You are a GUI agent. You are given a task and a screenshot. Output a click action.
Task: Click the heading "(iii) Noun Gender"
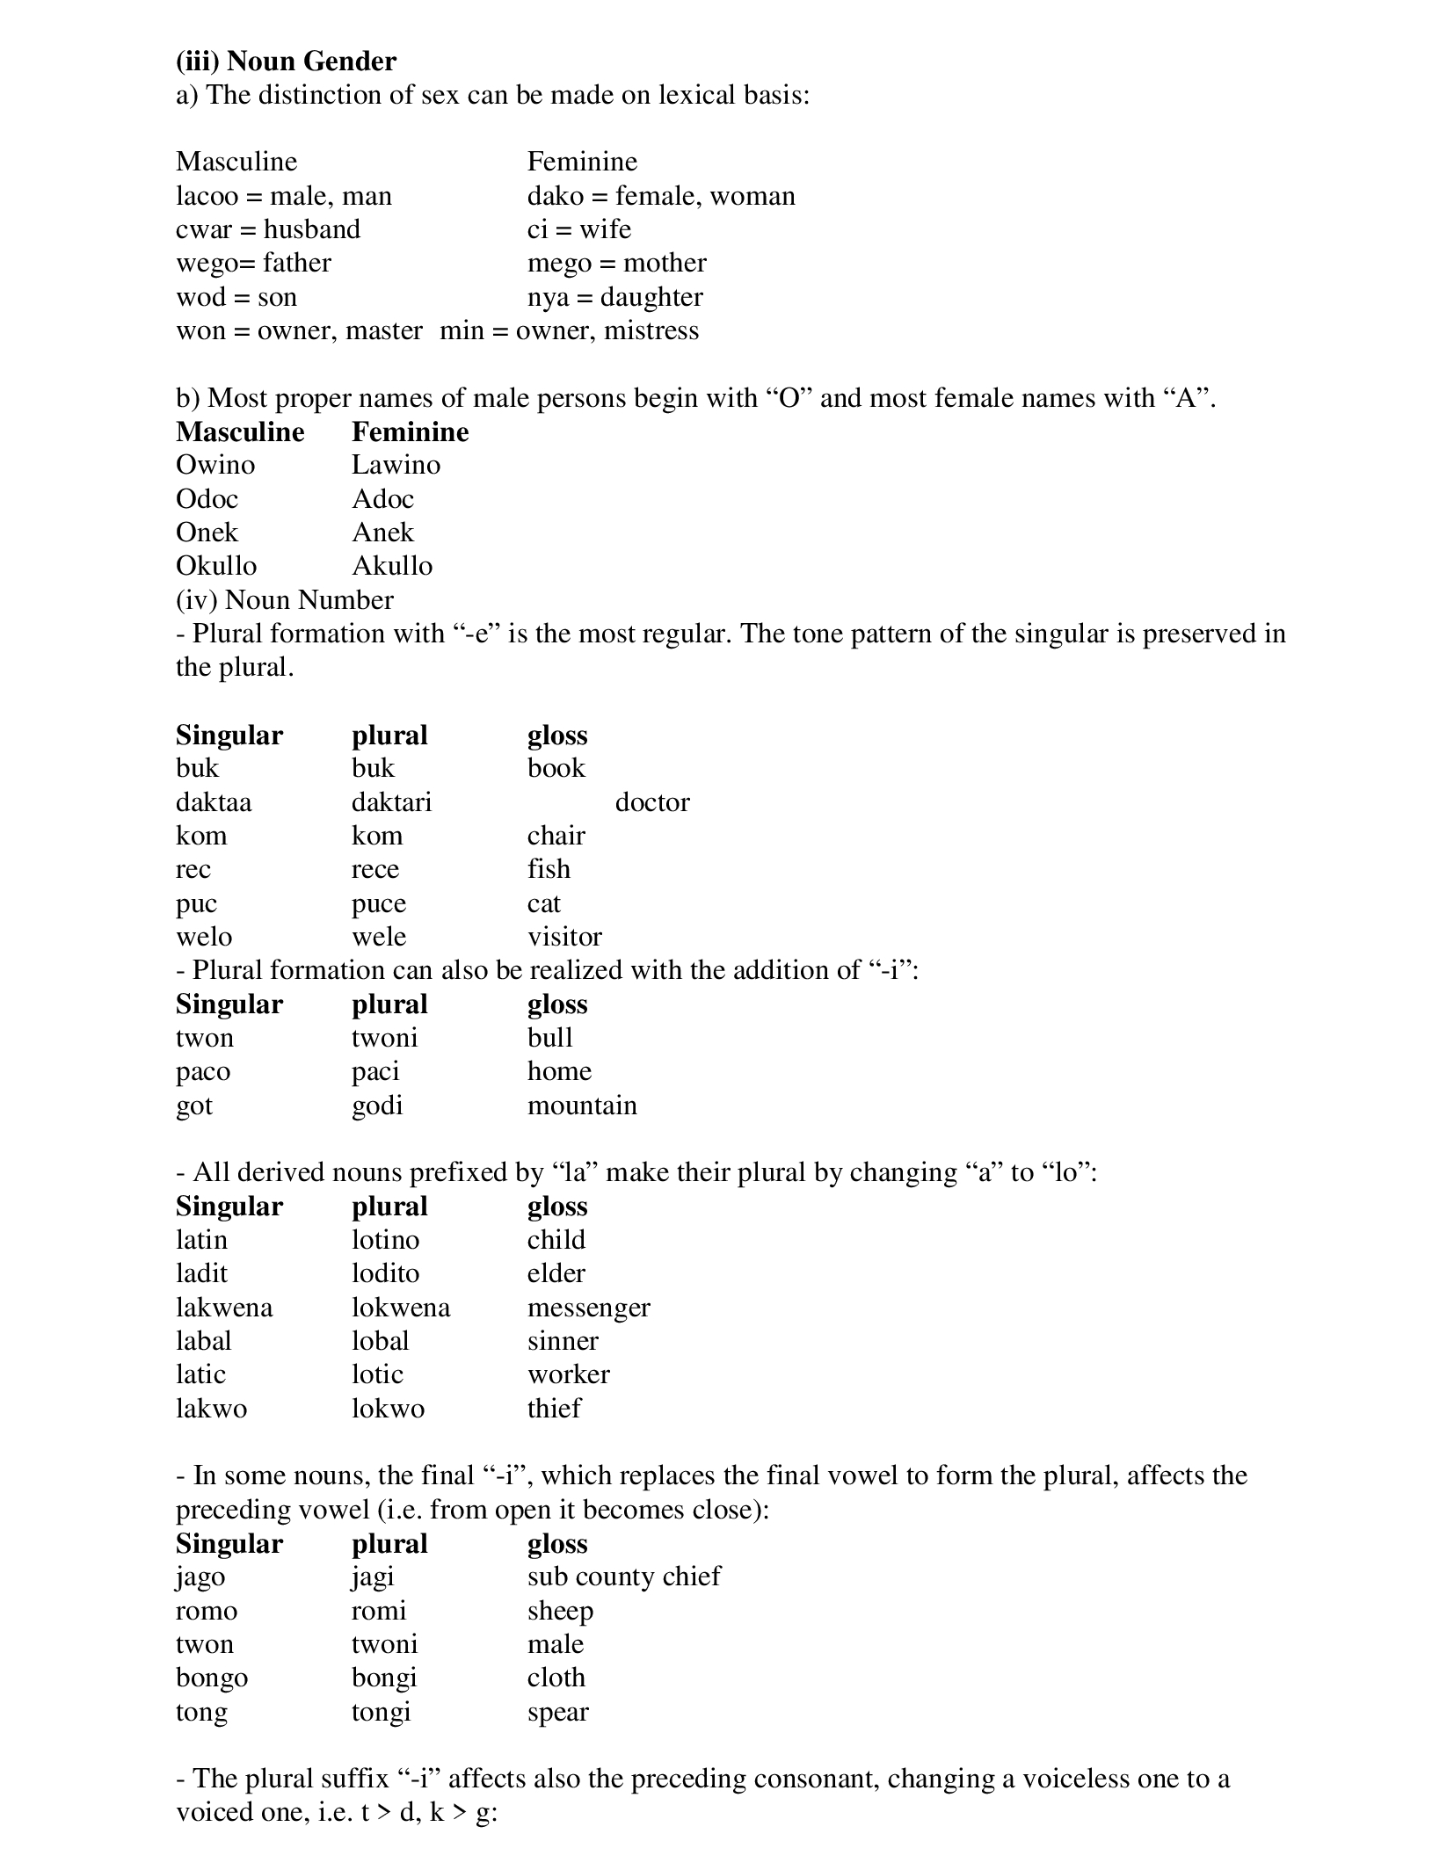pyautogui.click(x=286, y=61)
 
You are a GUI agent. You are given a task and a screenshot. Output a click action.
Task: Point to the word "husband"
pyautogui.click(x=312, y=229)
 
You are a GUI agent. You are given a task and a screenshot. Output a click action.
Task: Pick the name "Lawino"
pyautogui.click(x=396, y=465)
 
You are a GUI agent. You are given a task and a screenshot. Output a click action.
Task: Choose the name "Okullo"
pyautogui.click(x=216, y=566)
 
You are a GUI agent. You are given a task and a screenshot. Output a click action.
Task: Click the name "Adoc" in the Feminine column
pyautogui.click(x=382, y=499)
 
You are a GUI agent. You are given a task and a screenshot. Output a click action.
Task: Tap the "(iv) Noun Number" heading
pyautogui.click(x=284, y=600)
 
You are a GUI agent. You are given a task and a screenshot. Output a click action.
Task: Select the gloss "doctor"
pyautogui.click(x=651, y=802)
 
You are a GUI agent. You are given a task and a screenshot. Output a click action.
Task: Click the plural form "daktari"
pyautogui.click(x=391, y=802)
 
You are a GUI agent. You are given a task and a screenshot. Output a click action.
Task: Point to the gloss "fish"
pyautogui.click(x=549, y=869)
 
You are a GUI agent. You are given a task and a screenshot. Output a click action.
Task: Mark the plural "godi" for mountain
pyautogui.click(x=377, y=1105)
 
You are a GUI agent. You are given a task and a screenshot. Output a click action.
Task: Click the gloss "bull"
pyautogui.click(x=549, y=1038)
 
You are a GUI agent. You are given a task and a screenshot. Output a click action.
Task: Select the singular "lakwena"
pyautogui.click(x=224, y=1308)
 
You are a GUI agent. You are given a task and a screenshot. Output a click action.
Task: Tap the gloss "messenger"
pyautogui.click(x=588, y=1308)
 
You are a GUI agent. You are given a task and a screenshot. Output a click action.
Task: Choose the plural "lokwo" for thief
pyautogui.click(x=388, y=1409)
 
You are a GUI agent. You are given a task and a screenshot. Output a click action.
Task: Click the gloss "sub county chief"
pyautogui.click(x=623, y=1577)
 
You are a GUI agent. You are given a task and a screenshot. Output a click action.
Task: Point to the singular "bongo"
pyautogui.click(x=212, y=1678)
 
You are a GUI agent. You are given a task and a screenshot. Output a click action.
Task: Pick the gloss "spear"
pyautogui.click(x=557, y=1712)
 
